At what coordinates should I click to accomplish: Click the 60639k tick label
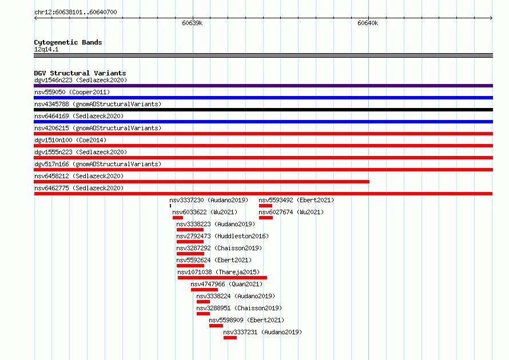[x=192, y=23]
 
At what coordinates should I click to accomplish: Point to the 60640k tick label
[x=368, y=23]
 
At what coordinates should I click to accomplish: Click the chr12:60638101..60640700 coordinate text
[x=75, y=13]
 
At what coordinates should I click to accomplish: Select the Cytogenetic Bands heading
[x=68, y=42]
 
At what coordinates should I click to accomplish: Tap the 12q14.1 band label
[x=46, y=49]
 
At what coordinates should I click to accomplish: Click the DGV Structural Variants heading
[x=80, y=73]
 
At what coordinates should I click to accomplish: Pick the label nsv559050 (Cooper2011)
[x=72, y=92]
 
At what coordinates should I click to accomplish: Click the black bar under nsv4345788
[x=263, y=110]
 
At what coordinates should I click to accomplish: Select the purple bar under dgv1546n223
[x=263, y=86]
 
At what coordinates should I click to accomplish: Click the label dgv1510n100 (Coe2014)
[x=70, y=140]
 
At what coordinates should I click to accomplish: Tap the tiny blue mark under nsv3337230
[x=170, y=206]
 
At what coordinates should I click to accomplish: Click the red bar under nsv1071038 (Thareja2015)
[x=222, y=278]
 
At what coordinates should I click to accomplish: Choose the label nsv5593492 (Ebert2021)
[x=296, y=200]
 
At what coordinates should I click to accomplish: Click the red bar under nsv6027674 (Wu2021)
[x=266, y=218]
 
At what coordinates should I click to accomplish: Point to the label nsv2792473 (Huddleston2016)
[x=222, y=236]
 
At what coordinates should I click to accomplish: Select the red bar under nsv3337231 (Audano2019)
[x=230, y=338]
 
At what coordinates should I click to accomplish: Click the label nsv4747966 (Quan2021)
[x=226, y=284]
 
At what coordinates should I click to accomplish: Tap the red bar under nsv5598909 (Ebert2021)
[x=216, y=326]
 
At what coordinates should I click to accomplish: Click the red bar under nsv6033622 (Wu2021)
[x=178, y=218]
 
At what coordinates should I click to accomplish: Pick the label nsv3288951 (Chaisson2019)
[x=239, y=308]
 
